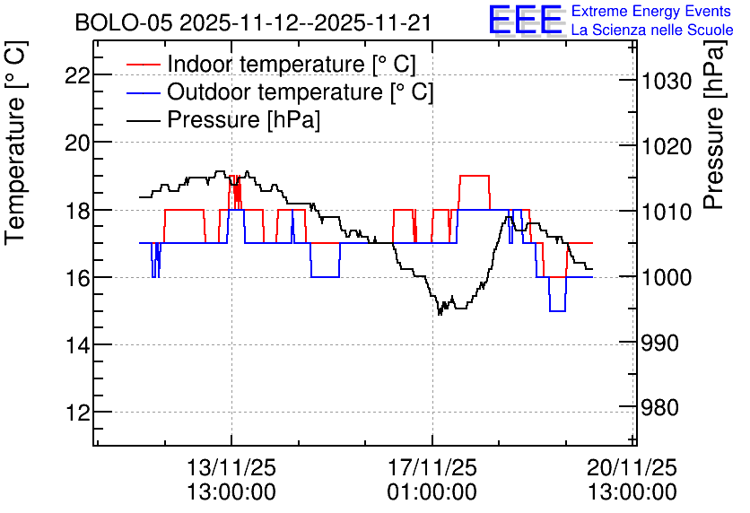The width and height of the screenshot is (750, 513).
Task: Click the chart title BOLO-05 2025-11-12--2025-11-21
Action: click(x=253, y=23)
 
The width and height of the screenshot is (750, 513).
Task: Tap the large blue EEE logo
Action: click(x=526, y=21)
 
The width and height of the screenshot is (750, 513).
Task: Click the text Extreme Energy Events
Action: click(x=651, y=11)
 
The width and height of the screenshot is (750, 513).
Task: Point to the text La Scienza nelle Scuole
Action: click(x=652, y=30)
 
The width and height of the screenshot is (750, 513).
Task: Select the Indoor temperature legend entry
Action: click(x=271, y=64)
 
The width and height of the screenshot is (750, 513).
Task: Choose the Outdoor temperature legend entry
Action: click(x=280, y=91)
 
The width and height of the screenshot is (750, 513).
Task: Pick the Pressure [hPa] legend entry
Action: click(x=223, y=119)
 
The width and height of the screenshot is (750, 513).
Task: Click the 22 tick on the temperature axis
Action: click(x=77, y=75)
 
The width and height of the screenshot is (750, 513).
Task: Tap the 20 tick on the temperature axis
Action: click(x=77, y=143)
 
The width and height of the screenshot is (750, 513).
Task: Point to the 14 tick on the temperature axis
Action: click(x=77, y=344)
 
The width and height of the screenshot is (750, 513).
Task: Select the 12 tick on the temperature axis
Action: click(x=77, y=413)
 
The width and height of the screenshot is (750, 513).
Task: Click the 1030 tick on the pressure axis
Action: click(x=667, y=81)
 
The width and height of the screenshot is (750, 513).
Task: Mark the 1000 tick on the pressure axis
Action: click(x=667, y=277)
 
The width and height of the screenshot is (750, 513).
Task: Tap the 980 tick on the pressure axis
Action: click(x=660, y=408)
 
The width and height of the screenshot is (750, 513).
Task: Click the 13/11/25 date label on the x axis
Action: click(x=231, y=467)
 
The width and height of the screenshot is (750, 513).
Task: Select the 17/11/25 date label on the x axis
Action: click(x=432, y=467)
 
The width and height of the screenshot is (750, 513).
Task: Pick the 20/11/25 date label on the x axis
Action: click(x=632, y=467)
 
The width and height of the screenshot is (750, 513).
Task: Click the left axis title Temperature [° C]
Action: click(x=15, y=143)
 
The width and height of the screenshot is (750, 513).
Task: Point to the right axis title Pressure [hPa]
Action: click(x=714, y=125)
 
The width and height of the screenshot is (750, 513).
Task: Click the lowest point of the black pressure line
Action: click(x=440, y=315)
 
